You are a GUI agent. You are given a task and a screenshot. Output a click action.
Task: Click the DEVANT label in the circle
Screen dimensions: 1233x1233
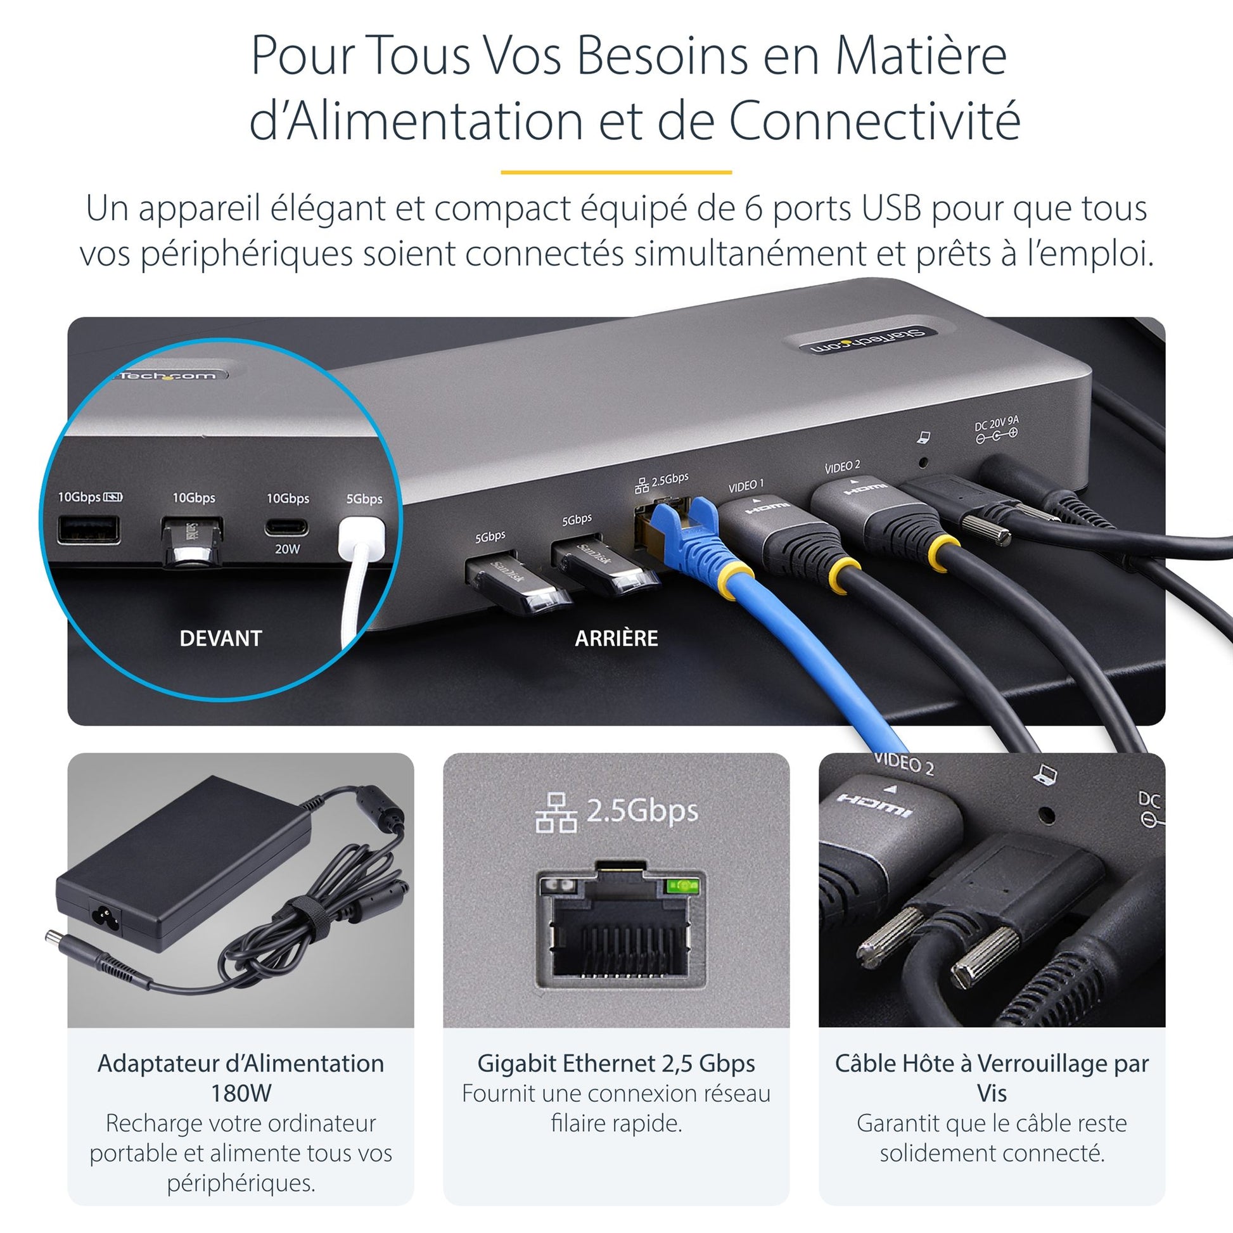[221, 638]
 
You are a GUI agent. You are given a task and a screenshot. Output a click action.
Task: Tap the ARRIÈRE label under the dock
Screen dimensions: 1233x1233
[616, 638]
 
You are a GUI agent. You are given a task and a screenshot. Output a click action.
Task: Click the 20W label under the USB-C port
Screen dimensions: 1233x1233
[287, 549]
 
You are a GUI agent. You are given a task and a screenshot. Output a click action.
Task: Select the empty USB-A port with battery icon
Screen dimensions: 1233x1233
[89, 530]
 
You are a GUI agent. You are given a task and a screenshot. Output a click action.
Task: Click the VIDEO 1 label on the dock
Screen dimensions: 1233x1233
[746, 486]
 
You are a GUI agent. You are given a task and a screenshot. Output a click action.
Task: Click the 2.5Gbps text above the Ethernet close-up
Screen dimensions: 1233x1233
[642, 810]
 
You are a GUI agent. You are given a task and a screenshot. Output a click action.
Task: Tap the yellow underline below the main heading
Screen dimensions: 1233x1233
[616, 172]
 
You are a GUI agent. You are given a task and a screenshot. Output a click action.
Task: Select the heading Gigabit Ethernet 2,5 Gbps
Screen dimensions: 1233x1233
[616, 1063]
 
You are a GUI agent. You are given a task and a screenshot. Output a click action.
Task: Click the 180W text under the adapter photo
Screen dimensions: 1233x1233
[241, 1093]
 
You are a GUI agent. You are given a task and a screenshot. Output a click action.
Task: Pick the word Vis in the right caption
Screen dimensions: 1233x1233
[992, 1093]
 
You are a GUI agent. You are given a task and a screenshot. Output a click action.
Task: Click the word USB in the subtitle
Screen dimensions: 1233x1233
[892, 208]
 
